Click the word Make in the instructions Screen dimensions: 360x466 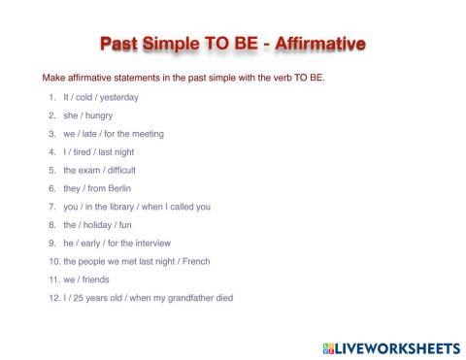pyautogui.click(x=52, y=78)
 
